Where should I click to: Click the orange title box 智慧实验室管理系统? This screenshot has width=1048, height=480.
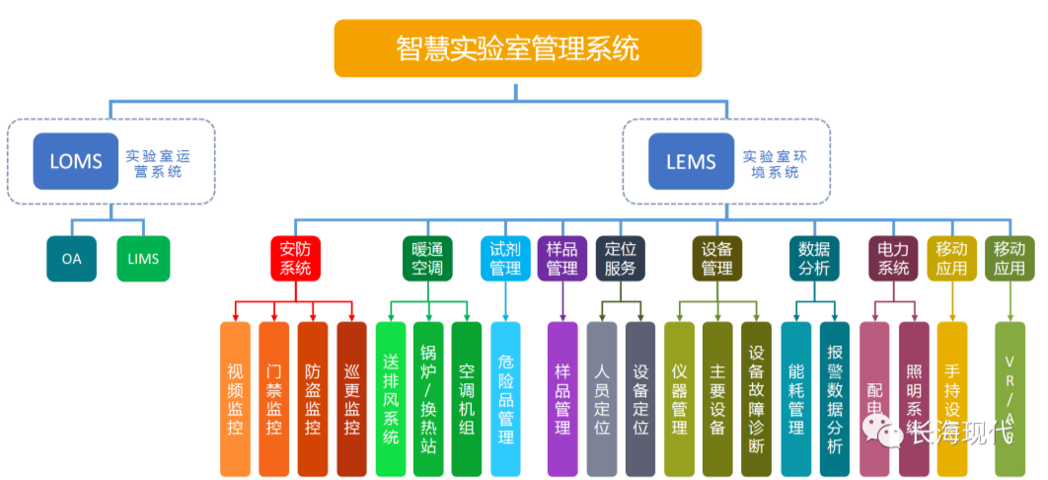coord(517,48)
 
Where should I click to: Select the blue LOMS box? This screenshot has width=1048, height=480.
coord(76,161)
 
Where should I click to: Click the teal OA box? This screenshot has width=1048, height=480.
coord(72,259)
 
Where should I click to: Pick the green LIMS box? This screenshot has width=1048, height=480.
coord(143,259)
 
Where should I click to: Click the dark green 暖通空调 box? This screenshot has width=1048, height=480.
coord(427,258)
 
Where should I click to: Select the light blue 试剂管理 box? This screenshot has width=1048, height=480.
coord(504,258)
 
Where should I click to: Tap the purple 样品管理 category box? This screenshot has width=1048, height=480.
coord(561,258)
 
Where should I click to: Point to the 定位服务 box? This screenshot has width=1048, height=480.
coord(621,258)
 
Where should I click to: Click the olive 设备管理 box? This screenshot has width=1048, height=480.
coord(716,258)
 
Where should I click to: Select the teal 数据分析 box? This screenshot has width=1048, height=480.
coord(814,258)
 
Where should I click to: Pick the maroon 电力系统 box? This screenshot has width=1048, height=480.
coord(893,258)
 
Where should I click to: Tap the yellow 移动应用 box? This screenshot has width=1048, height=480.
coord(951,258)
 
